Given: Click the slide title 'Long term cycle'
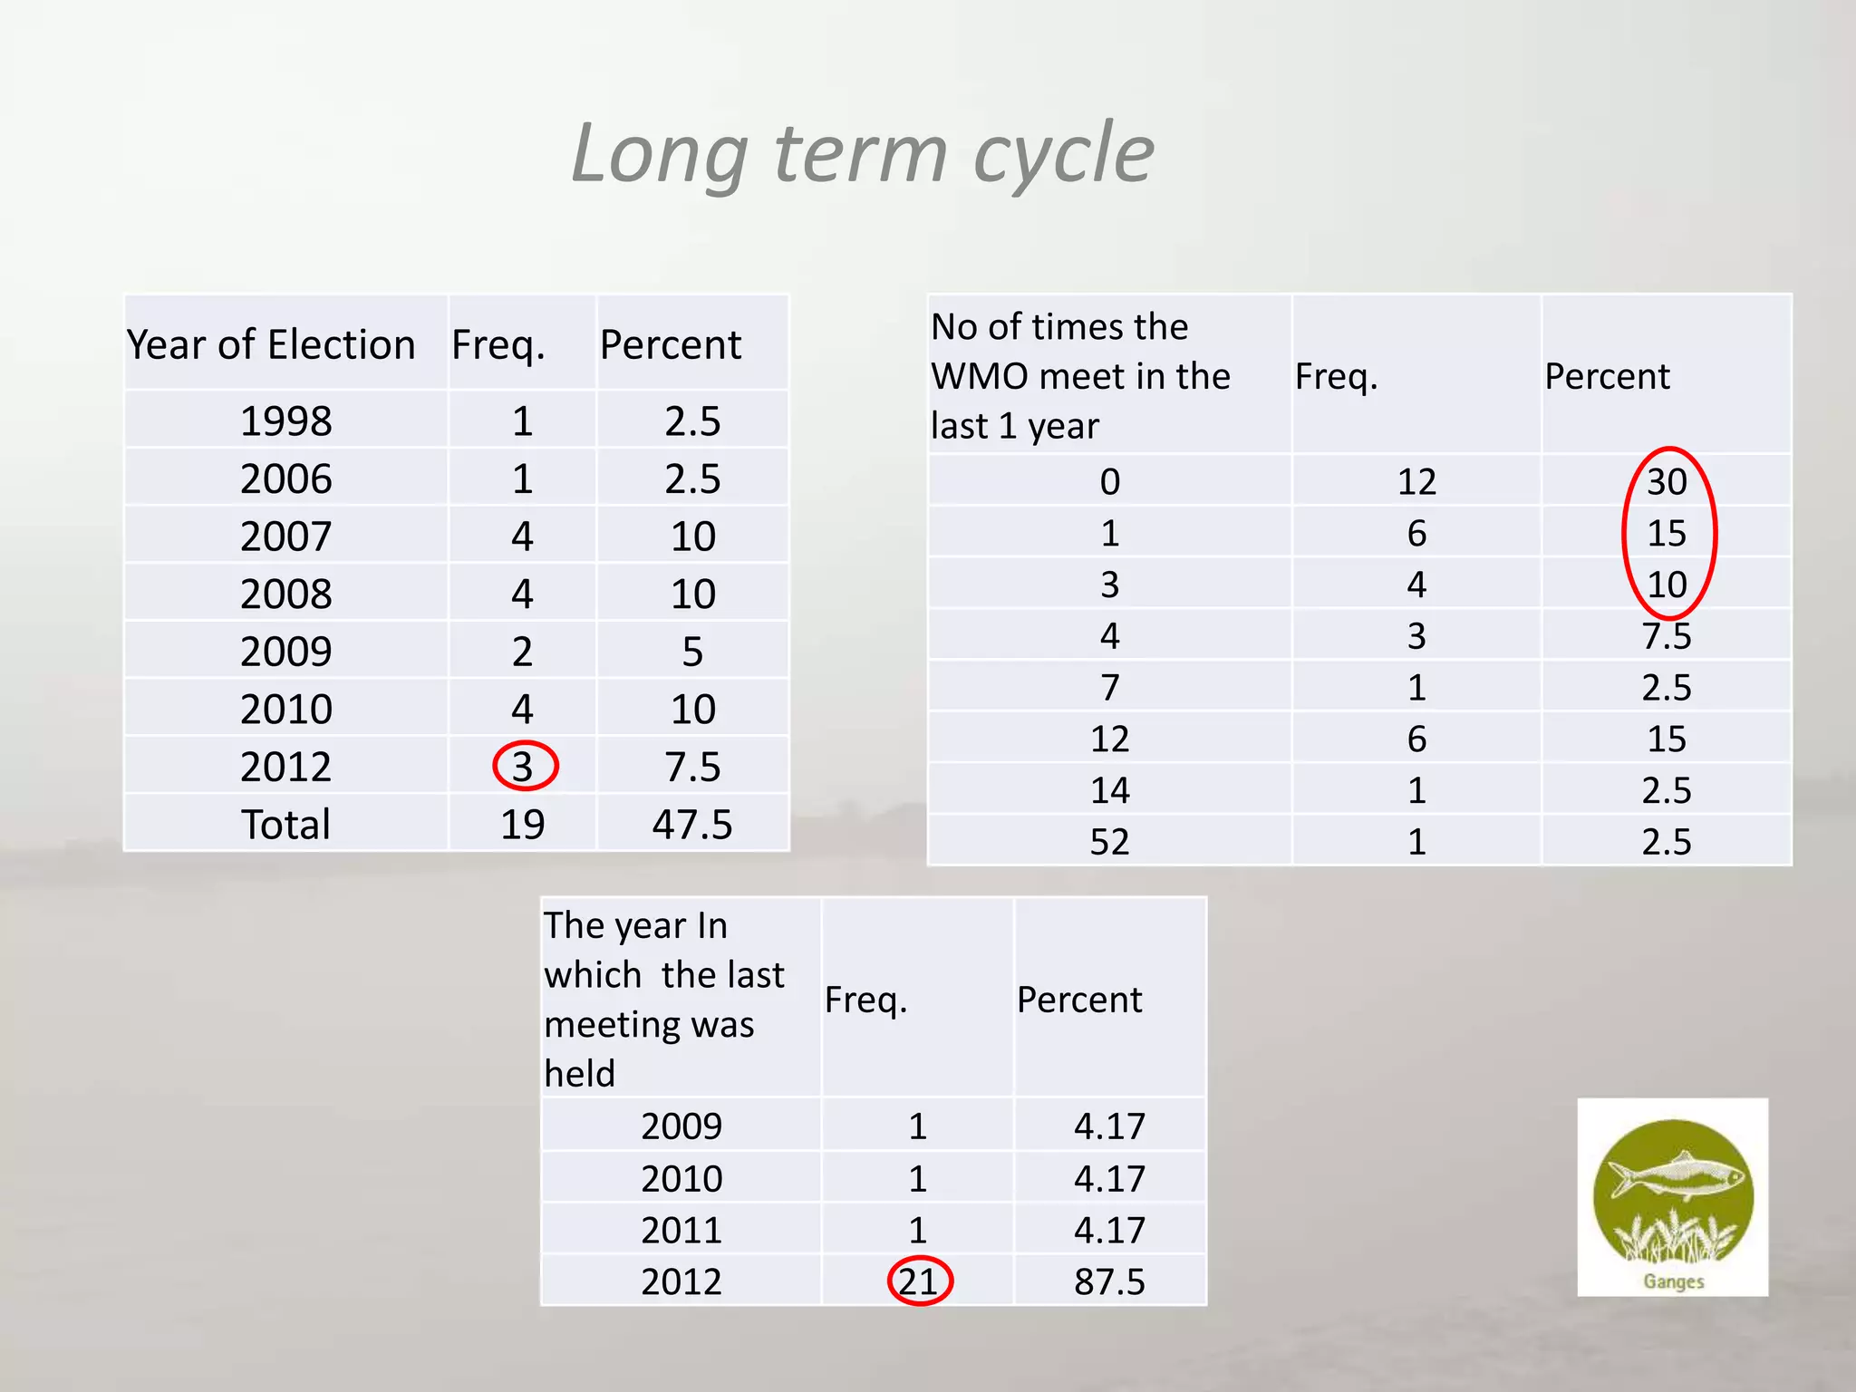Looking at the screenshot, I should coord(863,154).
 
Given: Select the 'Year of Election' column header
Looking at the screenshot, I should coord(271,345).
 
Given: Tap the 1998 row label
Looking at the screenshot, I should coord(285,421).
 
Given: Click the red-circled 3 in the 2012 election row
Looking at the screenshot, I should coord(523,767).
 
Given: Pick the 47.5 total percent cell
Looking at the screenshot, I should coord(692,825).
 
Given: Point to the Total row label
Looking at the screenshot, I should coord(285,825).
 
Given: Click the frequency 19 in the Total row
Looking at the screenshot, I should coord(523,825).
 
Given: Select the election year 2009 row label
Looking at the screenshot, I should coord(285,652).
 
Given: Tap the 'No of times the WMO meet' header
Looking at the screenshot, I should coord(1080,376).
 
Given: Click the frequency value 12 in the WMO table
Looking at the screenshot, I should coord(1416,482).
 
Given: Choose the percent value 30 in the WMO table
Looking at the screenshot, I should coord(1667,482).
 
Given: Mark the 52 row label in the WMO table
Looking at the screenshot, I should coord(1109,842).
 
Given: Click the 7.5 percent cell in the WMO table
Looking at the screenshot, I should coord(1667,636).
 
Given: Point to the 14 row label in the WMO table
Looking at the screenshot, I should coord(1109,791).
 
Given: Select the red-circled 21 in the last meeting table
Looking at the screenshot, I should coord(918,1281).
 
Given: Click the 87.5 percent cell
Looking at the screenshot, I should coord(1109,1281).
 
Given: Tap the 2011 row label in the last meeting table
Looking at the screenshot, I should coord(681,1231).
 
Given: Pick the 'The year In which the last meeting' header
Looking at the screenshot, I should coord(664,999).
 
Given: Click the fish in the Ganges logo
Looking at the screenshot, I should coord(1677,1176).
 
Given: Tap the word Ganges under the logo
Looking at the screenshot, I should coord(1674,1281).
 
